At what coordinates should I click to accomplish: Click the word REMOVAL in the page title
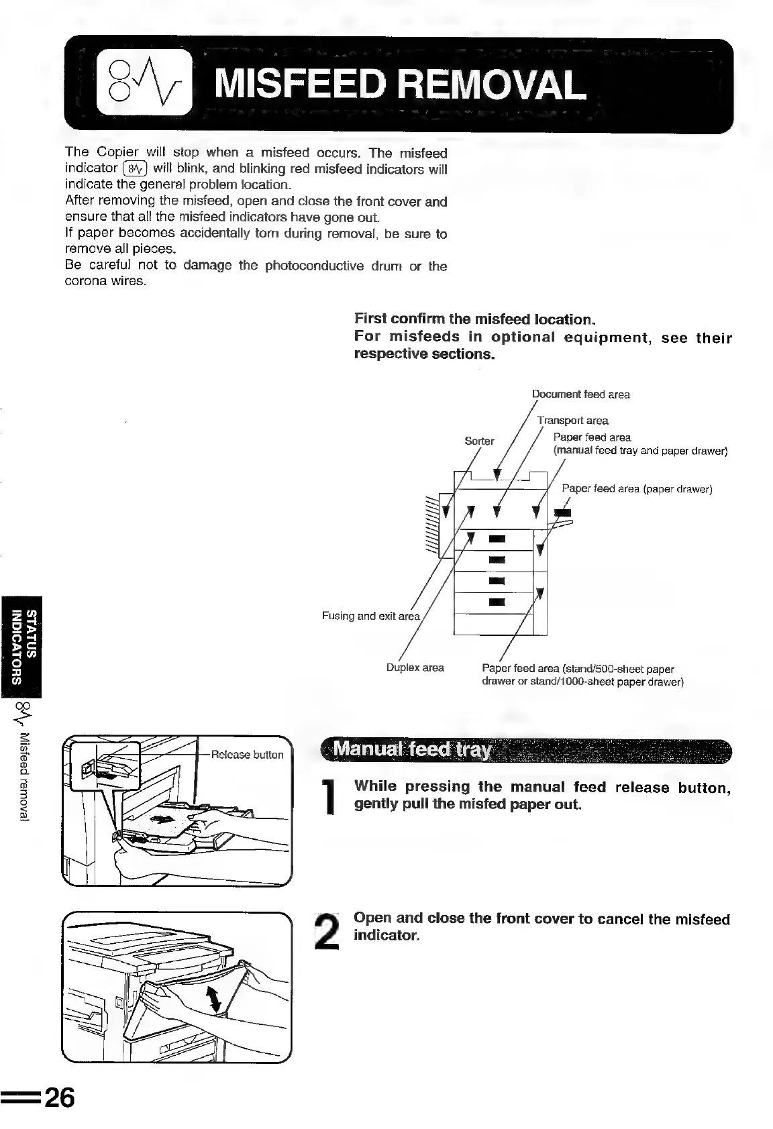pos(491,85)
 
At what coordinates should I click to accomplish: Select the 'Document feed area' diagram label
pos(580,394)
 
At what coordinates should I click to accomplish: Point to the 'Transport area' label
pos(573,421)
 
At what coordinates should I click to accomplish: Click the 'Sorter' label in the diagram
pos(479,441)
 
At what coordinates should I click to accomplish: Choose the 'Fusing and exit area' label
pos(371,616)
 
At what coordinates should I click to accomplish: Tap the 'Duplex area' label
pos(415,667)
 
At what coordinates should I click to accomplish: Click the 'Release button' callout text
pos(247,755)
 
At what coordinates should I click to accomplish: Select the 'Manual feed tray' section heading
pos(413,749)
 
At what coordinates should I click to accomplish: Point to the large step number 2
pos(328,933)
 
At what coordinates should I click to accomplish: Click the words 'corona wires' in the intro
pos(105,281)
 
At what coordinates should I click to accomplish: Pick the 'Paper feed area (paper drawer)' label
pos(636,488)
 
